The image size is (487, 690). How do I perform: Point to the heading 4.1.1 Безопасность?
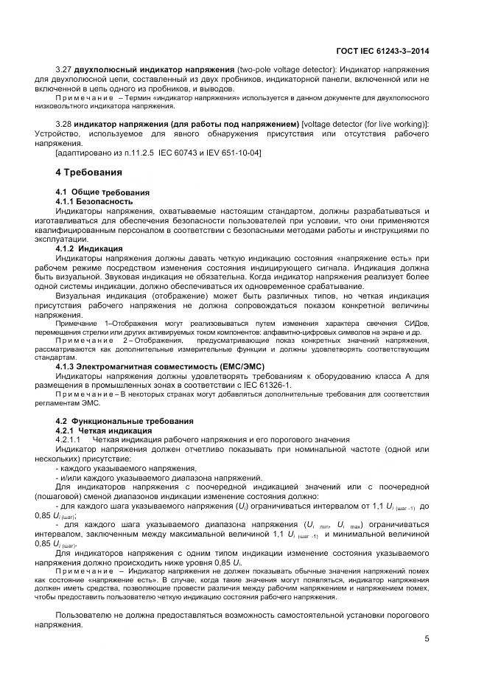(x=94, y=201)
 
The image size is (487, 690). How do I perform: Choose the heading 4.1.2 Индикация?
(x=89, y=248)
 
